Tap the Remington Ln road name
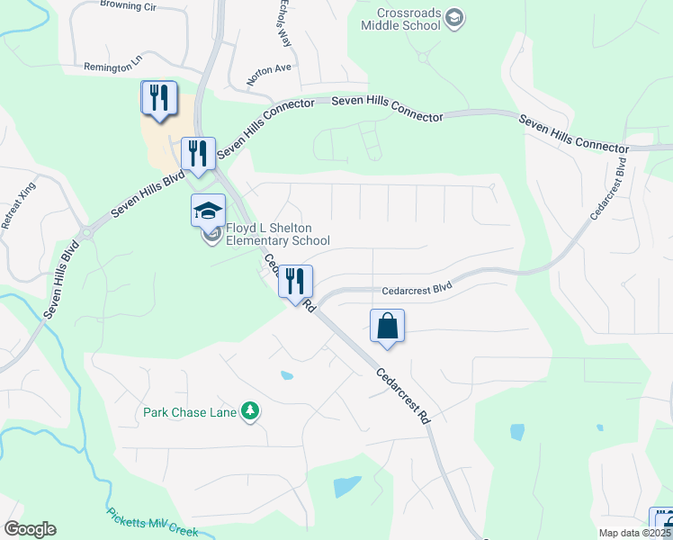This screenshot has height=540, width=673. [113, 67]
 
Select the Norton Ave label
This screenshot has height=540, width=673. [270, 68]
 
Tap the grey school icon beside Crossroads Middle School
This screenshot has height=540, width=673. [455, 18]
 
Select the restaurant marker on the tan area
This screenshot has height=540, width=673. [159, 99]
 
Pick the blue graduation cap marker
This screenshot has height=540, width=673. [208, 212]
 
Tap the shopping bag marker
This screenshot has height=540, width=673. [387, 327]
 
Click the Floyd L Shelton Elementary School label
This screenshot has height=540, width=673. [277, 235]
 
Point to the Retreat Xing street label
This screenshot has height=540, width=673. [18, 211]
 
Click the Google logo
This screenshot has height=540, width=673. [30, 529]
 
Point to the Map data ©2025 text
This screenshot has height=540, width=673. [634, 533]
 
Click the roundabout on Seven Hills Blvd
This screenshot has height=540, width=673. [86, 232]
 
